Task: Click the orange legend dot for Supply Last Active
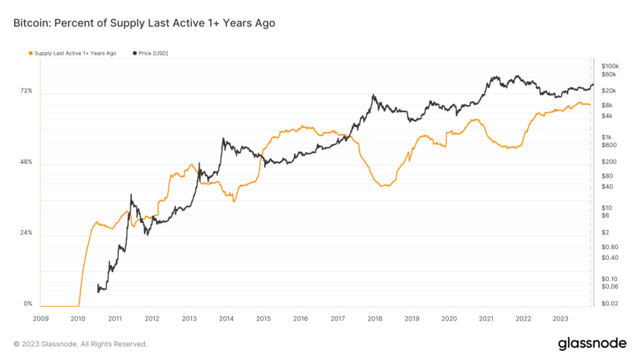[x=30, y=53]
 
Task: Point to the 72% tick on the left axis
[x=26, y=91]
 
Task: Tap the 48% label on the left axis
[x=26, y=162]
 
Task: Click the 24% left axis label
[x=26, y=233]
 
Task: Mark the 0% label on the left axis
[x=28, y=303]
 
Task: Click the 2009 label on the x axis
[x=41, y=319]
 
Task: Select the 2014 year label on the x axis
[x=226, y=319]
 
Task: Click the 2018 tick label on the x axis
[x=375, y=319]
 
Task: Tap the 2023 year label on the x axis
[x=560, y=319]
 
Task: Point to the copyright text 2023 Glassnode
[x=80, y=344]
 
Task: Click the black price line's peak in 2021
[x=494, y=77]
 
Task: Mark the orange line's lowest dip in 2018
[x=384, y=186]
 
